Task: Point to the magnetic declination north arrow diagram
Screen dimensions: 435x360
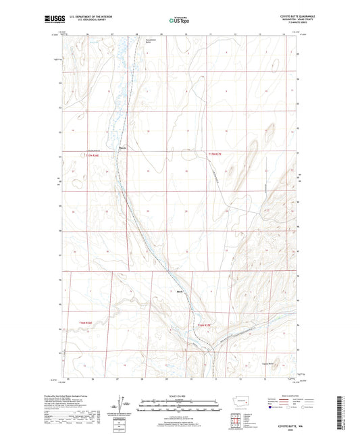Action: (123, 404)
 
